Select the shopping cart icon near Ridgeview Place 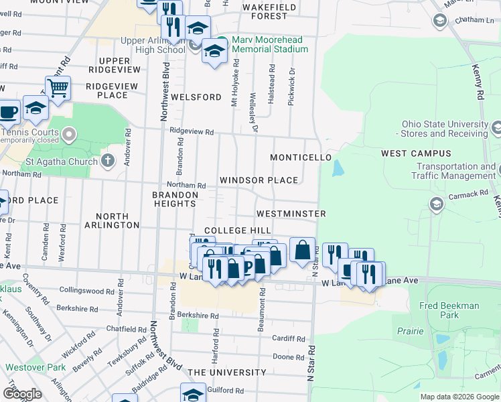click(59, 88)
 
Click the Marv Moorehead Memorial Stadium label click(270, 44)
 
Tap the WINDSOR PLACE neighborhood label click(259, 180)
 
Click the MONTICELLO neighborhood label click(301, 157)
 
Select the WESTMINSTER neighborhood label click(291, 214)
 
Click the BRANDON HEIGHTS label click(175, 200)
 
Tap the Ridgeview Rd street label click(191, 131)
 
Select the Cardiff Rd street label click(288, 338)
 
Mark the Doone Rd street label click(289, 356)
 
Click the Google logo click(22, 393)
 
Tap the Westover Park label click(35, 367)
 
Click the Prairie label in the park click(409, 331)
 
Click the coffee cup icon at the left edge click(8, 112)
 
